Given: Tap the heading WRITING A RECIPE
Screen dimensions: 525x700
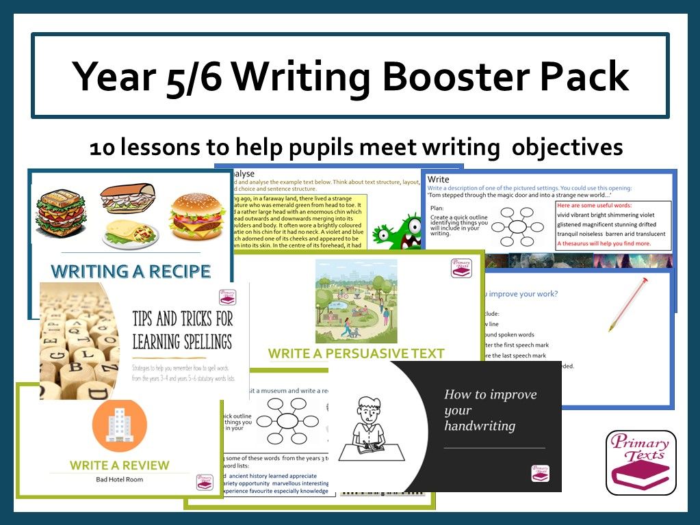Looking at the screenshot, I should coord(131,271).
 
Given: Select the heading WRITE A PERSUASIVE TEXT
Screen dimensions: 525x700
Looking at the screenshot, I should coord(356,353).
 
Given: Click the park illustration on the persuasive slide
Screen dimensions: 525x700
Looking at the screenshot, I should coord(356,301).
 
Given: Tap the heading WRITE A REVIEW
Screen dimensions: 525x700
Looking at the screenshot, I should coord(119,466).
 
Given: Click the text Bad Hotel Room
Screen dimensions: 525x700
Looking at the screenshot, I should coord(119,479).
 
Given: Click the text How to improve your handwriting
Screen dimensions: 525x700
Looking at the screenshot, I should coord(490,410).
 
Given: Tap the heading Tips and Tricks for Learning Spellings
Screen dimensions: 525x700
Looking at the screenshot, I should coord(181,329).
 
